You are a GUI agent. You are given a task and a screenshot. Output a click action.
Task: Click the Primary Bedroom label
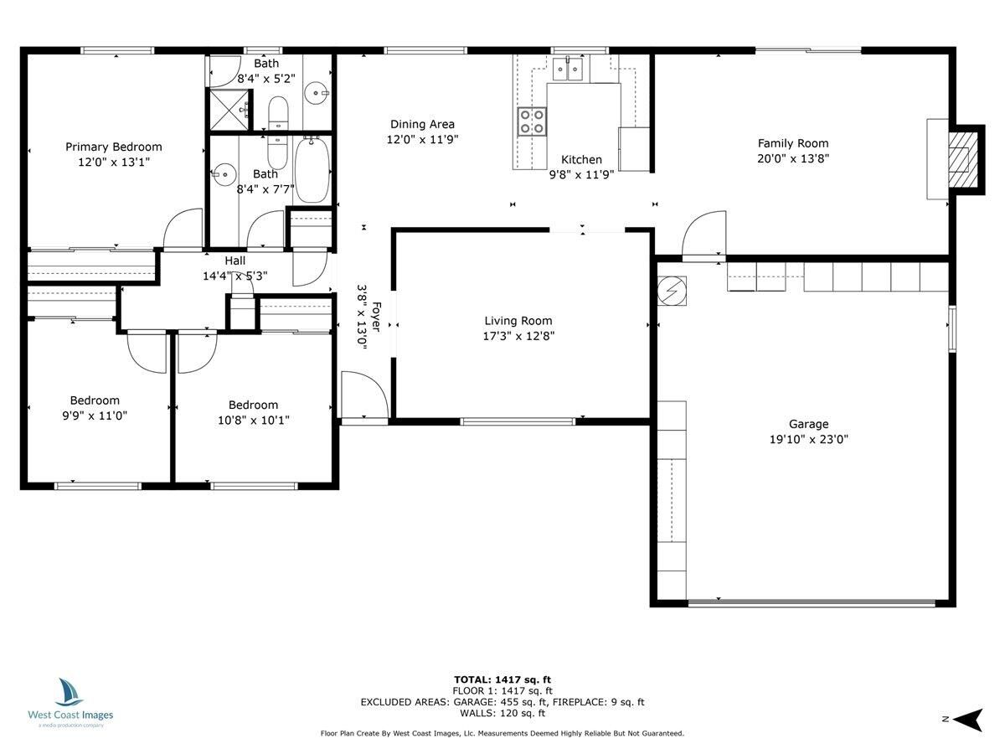click(114, 147)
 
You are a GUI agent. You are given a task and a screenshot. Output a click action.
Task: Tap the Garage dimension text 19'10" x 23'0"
click(807, 439)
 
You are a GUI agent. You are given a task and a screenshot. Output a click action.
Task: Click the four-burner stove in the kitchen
click(532, 121)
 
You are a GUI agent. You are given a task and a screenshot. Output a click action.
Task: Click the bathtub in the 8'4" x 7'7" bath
click(312, 170)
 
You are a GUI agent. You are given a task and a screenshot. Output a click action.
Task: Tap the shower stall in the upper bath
click(229, 110)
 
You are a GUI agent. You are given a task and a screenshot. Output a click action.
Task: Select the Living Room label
click(518, 320)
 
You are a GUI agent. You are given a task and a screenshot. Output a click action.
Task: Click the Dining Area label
click(422, 124)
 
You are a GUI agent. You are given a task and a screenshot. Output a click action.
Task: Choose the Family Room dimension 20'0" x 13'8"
click(793, 158)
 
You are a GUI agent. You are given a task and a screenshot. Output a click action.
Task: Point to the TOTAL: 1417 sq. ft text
click(502, 679)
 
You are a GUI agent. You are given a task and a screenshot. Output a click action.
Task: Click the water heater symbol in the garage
click(673, 290)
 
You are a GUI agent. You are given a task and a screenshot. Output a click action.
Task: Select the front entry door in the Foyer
click(364, 395)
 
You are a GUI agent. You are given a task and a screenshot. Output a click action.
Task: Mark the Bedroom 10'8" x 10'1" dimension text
click(253, 420)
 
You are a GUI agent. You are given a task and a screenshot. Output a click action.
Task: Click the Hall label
click(235, 261)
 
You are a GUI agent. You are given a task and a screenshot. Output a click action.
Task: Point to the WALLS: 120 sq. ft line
click(502, 713)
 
